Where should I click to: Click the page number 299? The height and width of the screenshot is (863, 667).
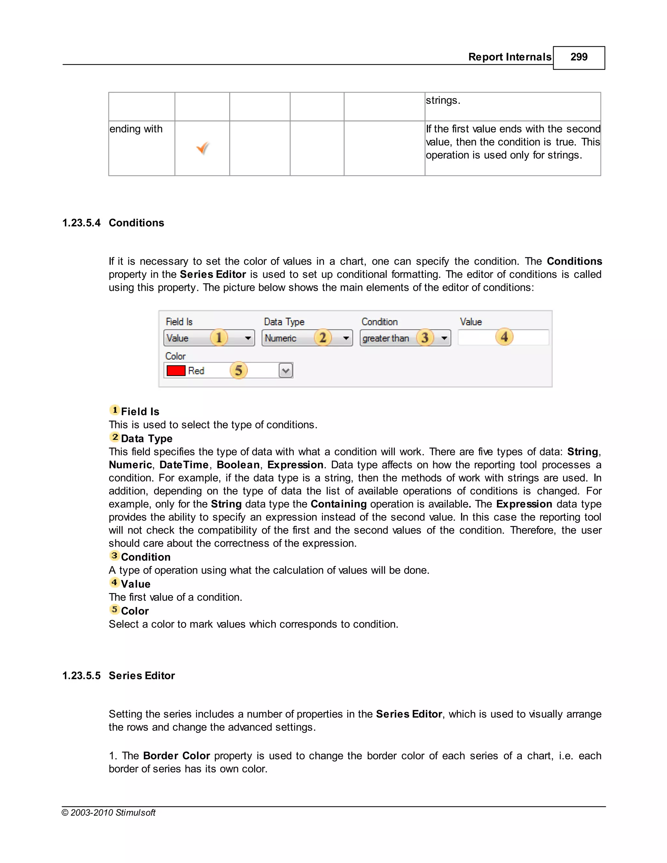[578, 57]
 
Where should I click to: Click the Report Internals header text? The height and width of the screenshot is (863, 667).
[509, 57]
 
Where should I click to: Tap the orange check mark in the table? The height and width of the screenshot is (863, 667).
[203, 148]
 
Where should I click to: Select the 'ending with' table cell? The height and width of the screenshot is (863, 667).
[136, 129]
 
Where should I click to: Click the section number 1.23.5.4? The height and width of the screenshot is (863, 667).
[81, 223]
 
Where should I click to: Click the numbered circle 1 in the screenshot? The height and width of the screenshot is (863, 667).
[219, 337]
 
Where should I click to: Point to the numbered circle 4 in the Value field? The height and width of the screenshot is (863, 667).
[504, 337]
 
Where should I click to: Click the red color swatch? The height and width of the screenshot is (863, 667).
[176, 371]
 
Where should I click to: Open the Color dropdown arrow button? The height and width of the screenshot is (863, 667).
[286, 371]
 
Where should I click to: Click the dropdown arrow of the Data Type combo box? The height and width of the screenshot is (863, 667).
[346, 338]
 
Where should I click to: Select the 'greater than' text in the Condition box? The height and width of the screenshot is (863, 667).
[386, 339]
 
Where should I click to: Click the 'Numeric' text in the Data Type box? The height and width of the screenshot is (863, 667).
[280, 339]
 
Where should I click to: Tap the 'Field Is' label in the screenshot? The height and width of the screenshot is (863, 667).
[179, 322]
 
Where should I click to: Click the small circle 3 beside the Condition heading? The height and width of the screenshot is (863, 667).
[114, 556]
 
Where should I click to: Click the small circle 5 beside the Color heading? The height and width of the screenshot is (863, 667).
[114, 609]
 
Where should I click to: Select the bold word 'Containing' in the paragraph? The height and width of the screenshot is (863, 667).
[338, 504]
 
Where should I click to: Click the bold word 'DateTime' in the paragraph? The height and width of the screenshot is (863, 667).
[184, 465]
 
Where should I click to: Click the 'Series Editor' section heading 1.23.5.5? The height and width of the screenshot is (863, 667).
[141, 676]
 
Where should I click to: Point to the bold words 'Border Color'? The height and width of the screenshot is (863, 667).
[176, 756]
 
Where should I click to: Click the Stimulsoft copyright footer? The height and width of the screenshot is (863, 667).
[109, 813]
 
